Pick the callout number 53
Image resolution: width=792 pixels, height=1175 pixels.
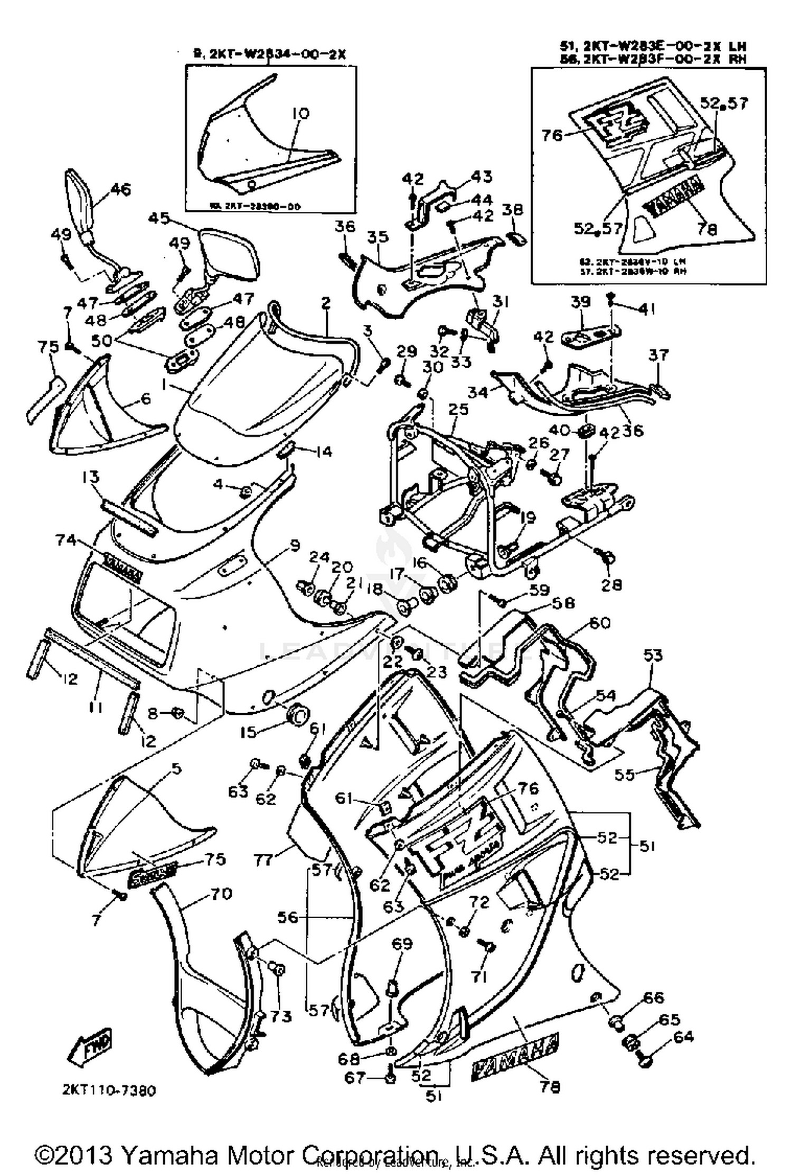[x=653, y=656]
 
